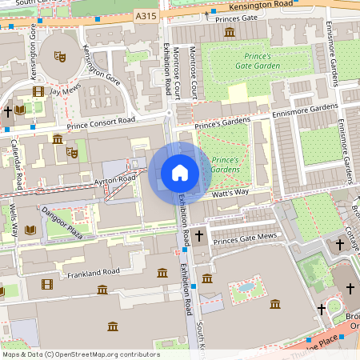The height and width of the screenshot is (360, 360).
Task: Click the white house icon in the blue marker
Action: (x=180, y=173)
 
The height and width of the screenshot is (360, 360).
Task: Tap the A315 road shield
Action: (x=146, y=15)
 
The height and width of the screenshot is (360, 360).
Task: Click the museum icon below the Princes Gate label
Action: (x=230, y=31)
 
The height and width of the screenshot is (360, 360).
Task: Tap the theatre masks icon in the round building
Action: (x=58, y=56)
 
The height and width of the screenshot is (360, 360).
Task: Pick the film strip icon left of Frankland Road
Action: (x=47, y=284)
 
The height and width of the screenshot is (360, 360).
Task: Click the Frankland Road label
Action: (x=94, y=273)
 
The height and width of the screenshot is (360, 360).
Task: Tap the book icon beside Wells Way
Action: (x=30, y=230)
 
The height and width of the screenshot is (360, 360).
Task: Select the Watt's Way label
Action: (x=230, y=194)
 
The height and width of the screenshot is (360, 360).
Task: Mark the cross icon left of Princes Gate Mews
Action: (x=200, y=236)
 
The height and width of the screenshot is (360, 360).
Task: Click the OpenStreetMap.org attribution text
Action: (x=106, y=354)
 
